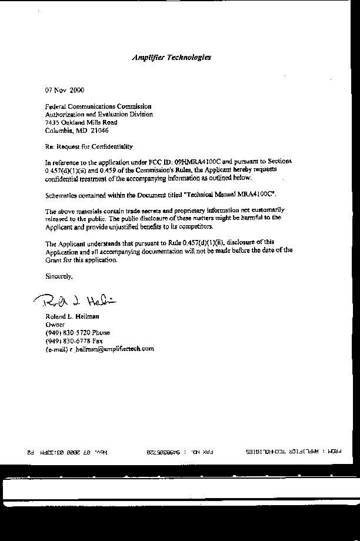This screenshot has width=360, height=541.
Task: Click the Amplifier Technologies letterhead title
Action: [x=171, y=57]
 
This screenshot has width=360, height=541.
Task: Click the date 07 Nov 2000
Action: [x=65, y=90]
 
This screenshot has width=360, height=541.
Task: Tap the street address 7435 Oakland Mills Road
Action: [x=81, y=122]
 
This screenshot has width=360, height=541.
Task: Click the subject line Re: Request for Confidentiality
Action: [x=89, y=146]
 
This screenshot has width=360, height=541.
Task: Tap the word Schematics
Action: [x=61, y=193]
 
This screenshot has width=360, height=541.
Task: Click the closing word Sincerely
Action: [x=59, y=276]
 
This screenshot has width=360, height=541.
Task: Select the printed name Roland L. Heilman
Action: [x=72, y=316]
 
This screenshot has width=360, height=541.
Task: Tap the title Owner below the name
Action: [x=55, y=324]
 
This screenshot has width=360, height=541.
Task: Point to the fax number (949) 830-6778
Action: [x=67, y=340]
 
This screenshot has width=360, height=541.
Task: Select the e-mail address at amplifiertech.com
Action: [x=112, y=349]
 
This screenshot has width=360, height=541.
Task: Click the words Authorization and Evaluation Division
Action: [x=99, y=115]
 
